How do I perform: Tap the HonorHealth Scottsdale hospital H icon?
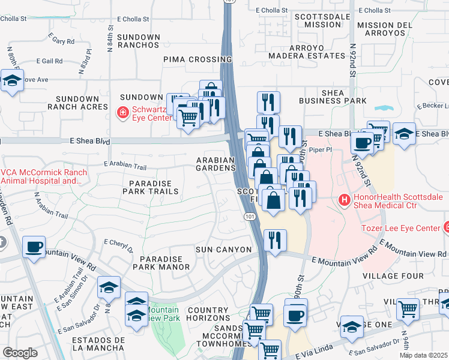pos(345,199)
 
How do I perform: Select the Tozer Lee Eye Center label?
pos(401,228)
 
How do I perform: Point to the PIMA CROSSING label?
pos(197,59)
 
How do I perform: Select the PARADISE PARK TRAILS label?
pos(150,187)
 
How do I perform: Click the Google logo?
pos(20,352)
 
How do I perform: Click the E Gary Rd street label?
pos(63,41)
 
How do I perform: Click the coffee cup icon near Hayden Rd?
pos(34,247)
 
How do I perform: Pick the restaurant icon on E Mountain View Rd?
pos(275,241)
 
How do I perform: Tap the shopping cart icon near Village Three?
pos(408,310)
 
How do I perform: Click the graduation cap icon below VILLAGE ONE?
pos(352,326)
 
